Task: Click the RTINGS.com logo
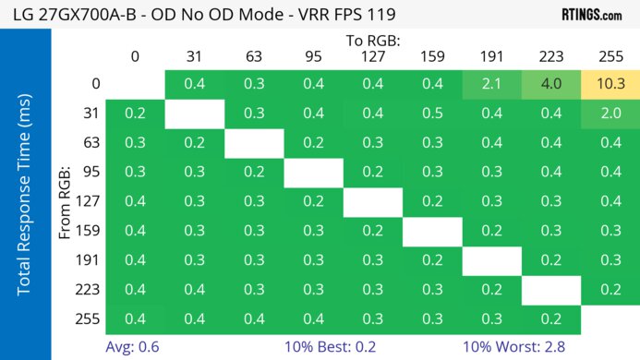pos(591,15)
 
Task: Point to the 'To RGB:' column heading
pos(373,41)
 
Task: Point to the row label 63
pos(91,143)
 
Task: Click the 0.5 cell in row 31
pos(432,114)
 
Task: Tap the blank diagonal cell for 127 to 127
pos(373,201)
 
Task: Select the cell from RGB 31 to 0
pos(135,114)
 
